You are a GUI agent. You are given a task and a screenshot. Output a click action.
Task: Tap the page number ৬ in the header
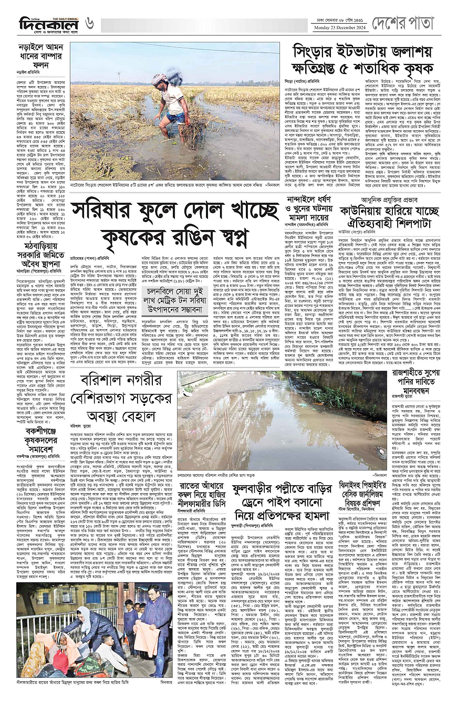pos(90,24)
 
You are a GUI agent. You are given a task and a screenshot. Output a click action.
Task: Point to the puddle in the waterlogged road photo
pos(263,420)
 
